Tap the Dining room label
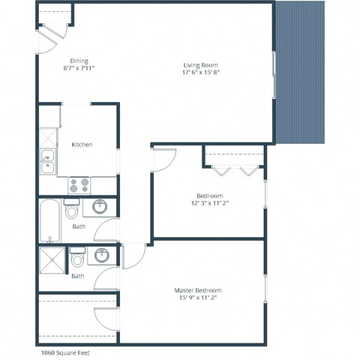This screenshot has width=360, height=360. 79,61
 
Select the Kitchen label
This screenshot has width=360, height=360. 82,144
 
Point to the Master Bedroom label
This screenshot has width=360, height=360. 199,290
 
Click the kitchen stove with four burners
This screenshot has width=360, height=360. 79,184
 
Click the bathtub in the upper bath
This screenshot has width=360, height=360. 50,220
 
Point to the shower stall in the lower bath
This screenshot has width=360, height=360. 52,262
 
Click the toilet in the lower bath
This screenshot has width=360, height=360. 78,259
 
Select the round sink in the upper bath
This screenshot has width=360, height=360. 100,206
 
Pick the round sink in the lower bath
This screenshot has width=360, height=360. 102,256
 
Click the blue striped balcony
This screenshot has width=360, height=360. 301,72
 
